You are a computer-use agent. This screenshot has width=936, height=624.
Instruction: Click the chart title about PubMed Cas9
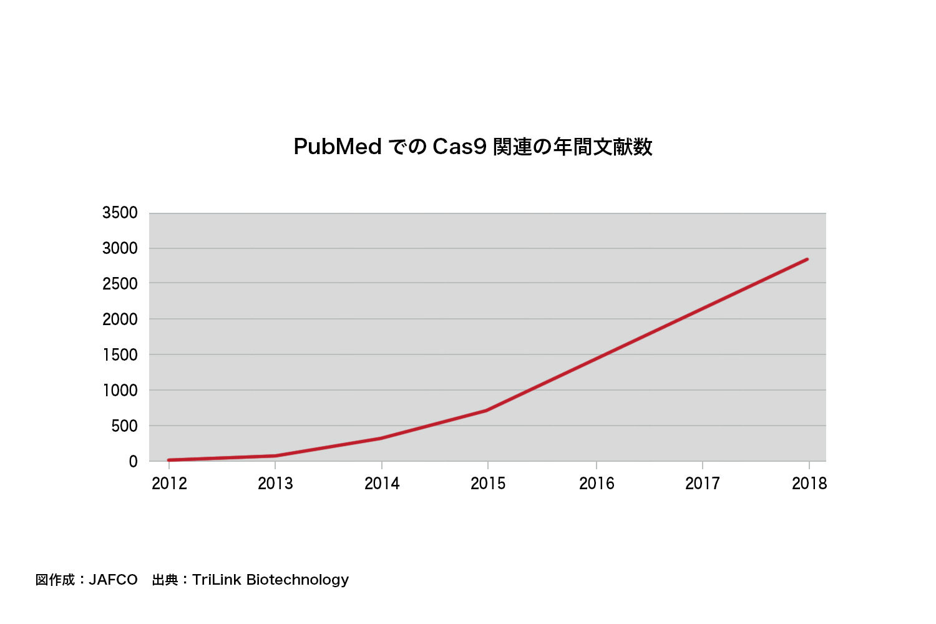pos(472,147)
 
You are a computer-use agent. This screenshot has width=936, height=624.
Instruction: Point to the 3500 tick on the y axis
pos(120,213)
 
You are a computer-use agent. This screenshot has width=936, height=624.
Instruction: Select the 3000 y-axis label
pos(120,248)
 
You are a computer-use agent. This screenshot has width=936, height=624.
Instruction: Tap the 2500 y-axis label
pos(120,283)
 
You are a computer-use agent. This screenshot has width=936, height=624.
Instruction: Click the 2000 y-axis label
pos(120,319)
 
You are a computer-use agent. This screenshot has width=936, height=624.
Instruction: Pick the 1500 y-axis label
pos(120,354)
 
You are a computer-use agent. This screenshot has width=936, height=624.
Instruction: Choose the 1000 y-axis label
pos(120,390)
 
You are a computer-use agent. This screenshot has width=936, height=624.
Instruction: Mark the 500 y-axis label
pos(125,426)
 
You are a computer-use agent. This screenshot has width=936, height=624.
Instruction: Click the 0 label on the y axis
pos(133,462)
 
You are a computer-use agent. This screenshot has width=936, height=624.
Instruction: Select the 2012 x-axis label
pos(169,484)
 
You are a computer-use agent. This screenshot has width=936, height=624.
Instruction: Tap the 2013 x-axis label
pos(275,484)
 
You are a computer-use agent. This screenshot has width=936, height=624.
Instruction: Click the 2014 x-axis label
pos(382,484)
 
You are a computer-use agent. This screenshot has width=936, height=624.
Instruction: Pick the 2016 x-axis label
pos(597,484)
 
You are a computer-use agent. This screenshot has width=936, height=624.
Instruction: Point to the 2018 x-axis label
pos(809,484)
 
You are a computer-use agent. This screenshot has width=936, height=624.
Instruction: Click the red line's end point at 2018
pos(807,259)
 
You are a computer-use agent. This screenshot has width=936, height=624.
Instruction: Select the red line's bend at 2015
pos(487,410)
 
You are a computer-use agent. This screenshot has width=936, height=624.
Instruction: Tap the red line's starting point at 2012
pos(168,460)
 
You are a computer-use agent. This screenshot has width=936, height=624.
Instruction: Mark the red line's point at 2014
pos(381,438)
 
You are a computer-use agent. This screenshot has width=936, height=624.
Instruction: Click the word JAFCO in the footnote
pos(113,580)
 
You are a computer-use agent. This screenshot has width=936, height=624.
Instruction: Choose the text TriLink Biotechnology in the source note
pos(270,580)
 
